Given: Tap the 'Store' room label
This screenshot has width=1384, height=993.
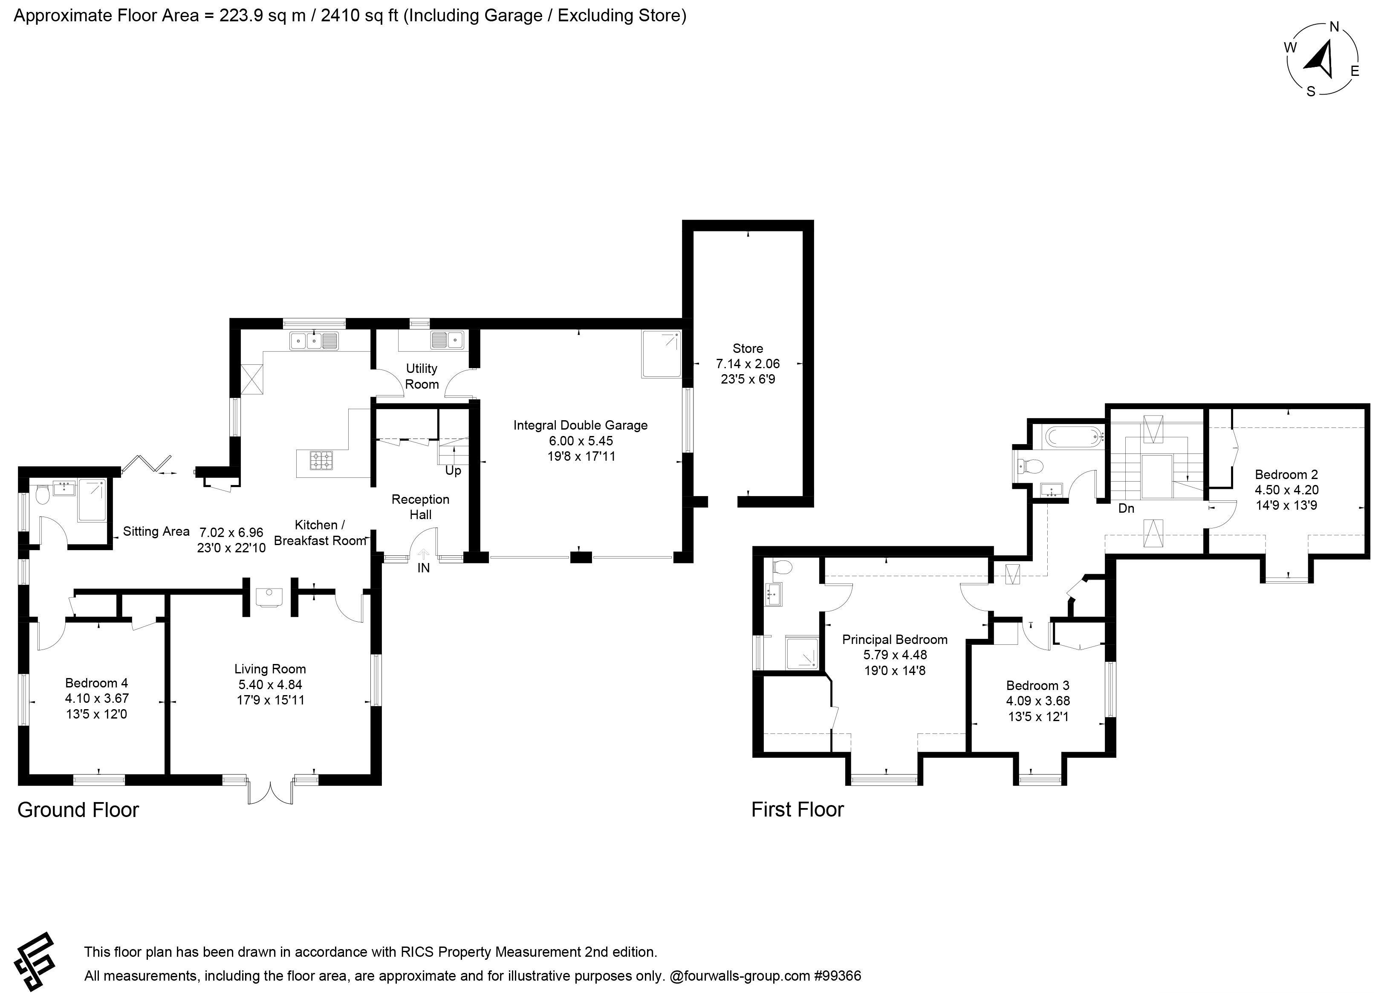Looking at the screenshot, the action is (x=748, y=349).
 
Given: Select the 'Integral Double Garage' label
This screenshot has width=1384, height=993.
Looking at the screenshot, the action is (x=581, y=425).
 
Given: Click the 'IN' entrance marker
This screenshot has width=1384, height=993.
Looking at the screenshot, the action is (x=424, y=568).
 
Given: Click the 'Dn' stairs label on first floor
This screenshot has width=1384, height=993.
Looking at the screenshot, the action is (x=1126, y=508).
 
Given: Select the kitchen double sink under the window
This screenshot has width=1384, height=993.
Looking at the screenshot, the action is (x=314, y=341).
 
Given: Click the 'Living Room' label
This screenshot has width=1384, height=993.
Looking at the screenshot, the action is (x=270, y=669).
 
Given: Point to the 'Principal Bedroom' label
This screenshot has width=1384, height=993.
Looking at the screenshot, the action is (x=895, y=640).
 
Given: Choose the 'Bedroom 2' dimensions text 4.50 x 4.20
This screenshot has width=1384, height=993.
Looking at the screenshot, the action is (x=1286, y=490).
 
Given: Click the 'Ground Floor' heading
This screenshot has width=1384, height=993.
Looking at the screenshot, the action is (x=78, y=810).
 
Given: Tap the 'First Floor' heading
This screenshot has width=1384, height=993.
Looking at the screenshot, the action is (x=797, y=809).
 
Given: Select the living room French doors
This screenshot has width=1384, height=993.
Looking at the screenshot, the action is (x=270, y=791).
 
